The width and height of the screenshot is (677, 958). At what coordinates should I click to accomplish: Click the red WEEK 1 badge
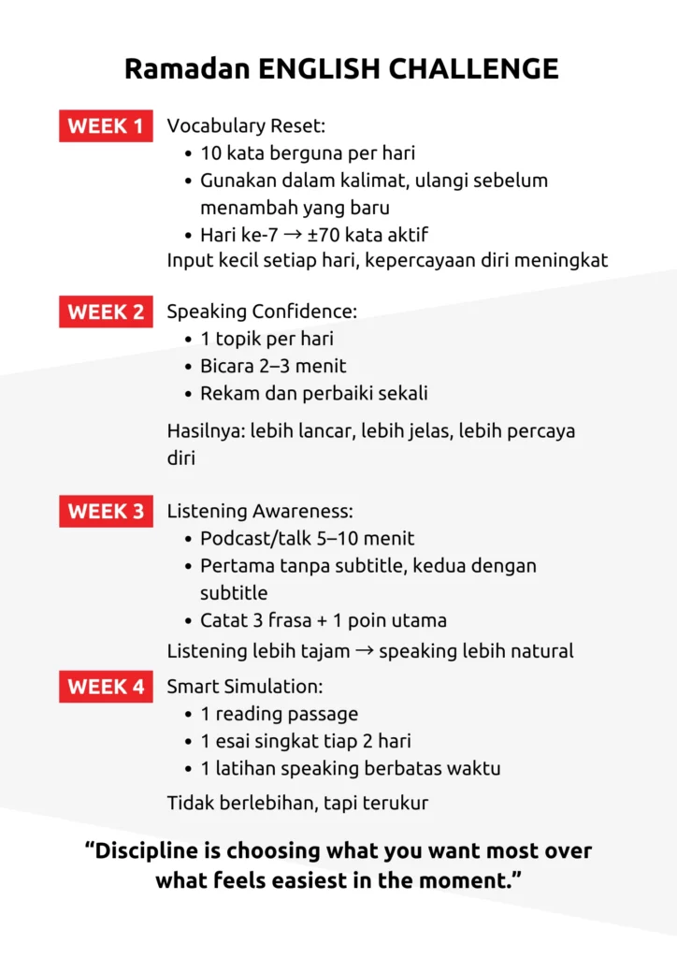pos(106,126)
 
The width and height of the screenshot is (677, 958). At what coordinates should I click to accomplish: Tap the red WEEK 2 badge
pos(106,312)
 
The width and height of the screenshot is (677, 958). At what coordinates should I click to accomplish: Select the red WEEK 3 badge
pos(106,512)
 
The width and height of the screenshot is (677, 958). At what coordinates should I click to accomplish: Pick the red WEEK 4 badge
pos(106,687)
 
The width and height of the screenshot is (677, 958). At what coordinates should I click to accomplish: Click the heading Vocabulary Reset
pos(246,126)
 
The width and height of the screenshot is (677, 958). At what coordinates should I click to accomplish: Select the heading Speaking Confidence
pos(262,312)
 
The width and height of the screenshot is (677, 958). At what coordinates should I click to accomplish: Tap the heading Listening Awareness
pos(260,512)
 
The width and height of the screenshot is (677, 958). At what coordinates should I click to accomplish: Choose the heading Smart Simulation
pos(245,687)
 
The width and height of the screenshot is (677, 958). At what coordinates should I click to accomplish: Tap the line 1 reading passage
pos(279,714)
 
